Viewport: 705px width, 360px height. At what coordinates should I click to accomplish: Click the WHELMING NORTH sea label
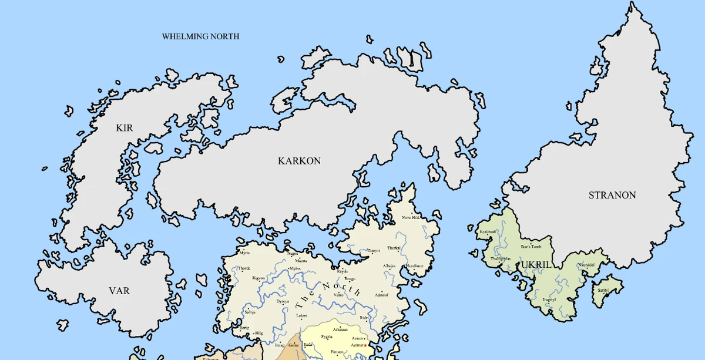pos(200,36)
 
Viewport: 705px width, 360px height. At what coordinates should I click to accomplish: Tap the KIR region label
pos(125,127)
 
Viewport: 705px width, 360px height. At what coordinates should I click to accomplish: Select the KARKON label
pos(299,160)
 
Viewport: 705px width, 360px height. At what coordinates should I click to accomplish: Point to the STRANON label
pos(612,195)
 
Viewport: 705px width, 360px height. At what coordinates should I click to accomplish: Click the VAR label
pos(119,291)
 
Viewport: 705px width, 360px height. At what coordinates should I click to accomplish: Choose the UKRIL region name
pos(535,265)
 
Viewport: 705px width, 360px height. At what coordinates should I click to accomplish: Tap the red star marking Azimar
pos(365,345)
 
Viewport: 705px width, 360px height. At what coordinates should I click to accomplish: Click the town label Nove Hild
pos(411,217)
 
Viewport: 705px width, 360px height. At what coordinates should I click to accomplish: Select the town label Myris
pos(244,253)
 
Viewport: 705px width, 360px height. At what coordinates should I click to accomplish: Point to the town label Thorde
pos(244,268)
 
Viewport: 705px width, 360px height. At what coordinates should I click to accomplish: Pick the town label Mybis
pos(295,268)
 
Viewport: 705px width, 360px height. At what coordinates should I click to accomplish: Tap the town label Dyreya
pos(283,301)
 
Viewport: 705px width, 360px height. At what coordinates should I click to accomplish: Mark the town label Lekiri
pos(301,315)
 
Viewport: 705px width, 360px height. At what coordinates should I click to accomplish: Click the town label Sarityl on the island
pos(603,290)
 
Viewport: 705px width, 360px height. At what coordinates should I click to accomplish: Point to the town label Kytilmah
pos(488,231)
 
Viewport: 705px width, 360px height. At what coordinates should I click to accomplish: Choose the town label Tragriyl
pos(549,300)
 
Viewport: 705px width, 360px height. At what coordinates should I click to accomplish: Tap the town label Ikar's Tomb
pos(531,247)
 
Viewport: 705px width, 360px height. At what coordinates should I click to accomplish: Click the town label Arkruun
pos(340,330)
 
